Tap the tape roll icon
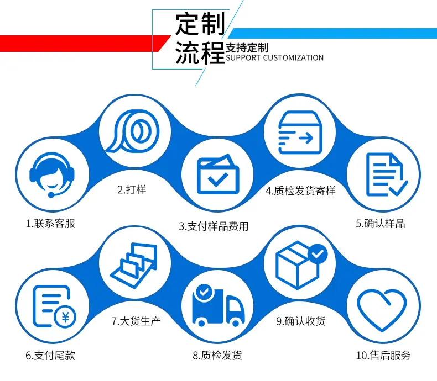tap(133, 131)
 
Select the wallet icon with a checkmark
tap(218, 174)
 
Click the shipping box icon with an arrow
tap(300, 133)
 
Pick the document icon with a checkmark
tap(387, 174)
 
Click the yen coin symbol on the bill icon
tap(65, 317)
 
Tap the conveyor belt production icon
tap(134, 265)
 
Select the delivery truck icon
tap(218, 305)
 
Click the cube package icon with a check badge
tap(301, 264)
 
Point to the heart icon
tap(382, 309)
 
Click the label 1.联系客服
tap(50, 224)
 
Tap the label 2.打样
tap(132, 189)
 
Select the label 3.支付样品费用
tap(214, 226)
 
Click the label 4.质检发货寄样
tap(300, 191)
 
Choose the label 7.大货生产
tap(136, 321)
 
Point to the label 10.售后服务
tap(383, 355)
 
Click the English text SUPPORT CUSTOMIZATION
tap(274, 58)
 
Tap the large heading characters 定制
tap(200, 24)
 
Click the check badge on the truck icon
tap(204, 292)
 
